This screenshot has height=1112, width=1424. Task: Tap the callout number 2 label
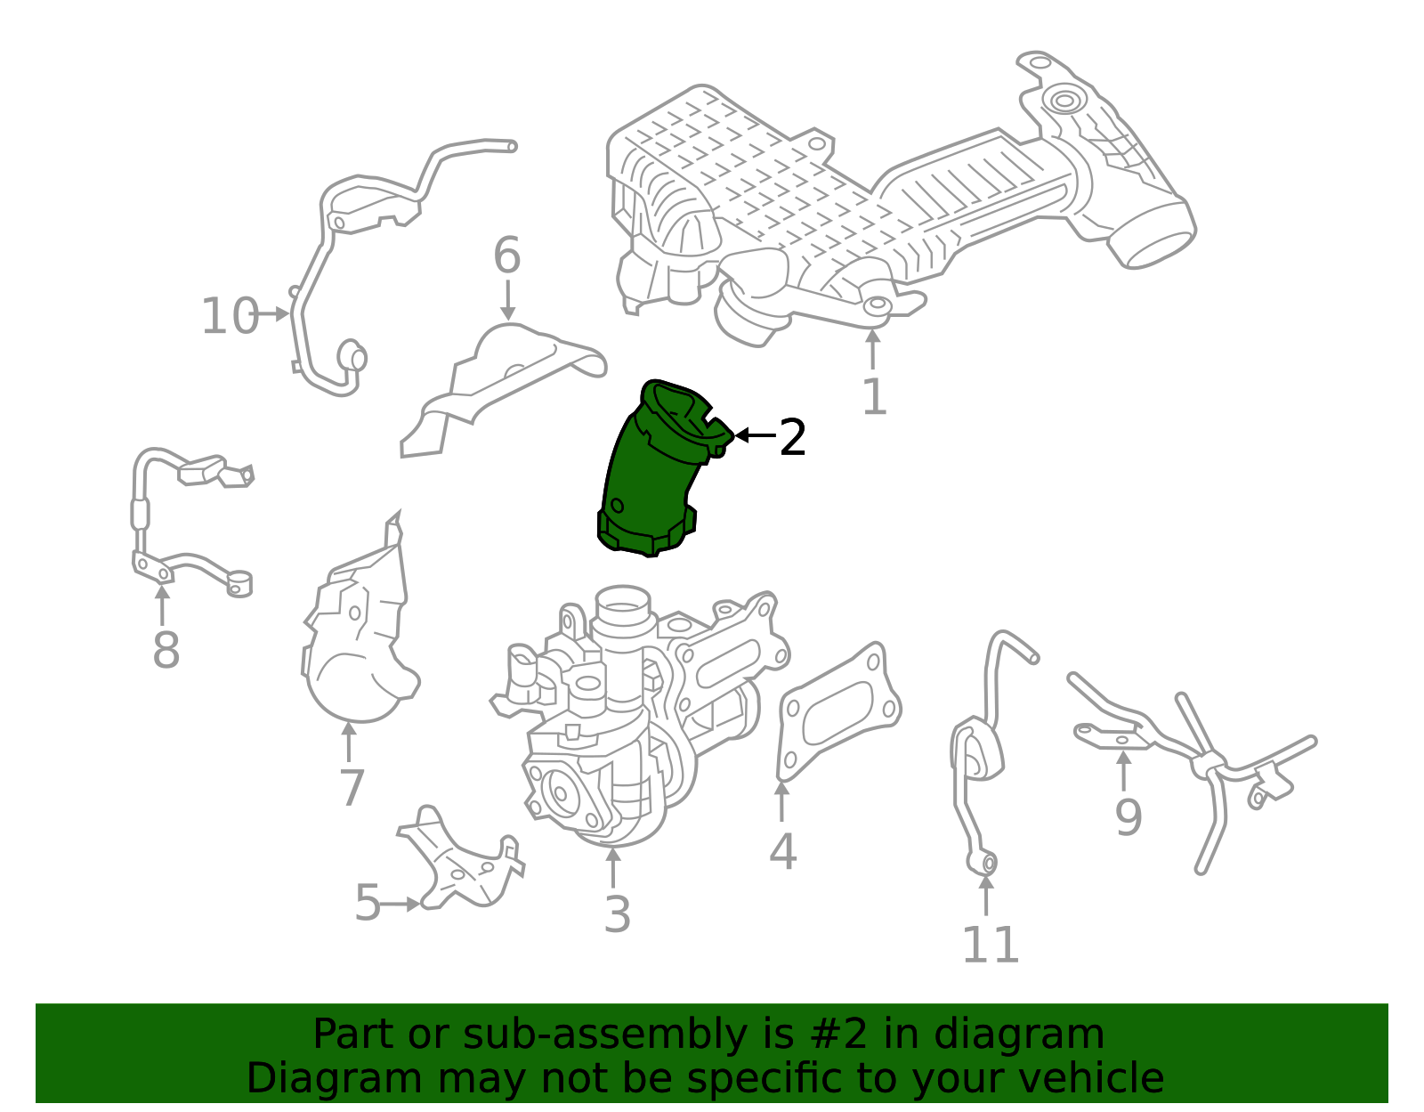792,437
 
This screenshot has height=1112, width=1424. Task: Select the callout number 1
874,397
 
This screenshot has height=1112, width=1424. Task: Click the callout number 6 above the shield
506,256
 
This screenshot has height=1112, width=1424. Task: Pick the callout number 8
166,651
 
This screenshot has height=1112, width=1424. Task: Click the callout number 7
352,788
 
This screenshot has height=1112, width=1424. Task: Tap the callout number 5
368,904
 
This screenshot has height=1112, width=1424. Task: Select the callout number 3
617,914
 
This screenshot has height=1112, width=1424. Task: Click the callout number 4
782,852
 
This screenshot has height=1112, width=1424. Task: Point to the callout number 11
990,946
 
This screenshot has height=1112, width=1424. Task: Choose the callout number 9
1128,817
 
